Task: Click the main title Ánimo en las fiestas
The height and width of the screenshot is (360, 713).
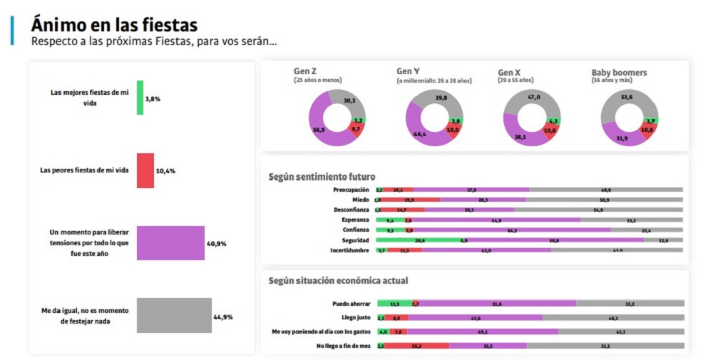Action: click(114, 24)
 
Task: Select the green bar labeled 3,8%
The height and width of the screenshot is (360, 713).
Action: click(140, 98)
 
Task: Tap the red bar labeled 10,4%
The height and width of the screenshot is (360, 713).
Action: click(145, 170)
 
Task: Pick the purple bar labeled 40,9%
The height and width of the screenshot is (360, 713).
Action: click(170, 244)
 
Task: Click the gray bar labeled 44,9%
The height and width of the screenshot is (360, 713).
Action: click(173, 316)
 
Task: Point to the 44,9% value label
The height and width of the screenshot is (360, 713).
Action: click(222, 317)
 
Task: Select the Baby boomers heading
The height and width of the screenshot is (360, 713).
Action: click(619, 73)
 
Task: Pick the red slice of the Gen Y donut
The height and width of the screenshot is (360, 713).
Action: click(453, 131)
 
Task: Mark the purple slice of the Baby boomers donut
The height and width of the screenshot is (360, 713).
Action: click(618, 135)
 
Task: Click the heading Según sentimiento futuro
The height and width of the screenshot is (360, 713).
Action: click(322, 176)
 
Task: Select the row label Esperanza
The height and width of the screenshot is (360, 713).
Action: click(354, 220)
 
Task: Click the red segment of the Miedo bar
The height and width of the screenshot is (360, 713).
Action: click(410, 200)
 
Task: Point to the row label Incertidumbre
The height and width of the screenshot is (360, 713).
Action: click(349, 250)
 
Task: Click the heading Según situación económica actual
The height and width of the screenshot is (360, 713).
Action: click(338, 281)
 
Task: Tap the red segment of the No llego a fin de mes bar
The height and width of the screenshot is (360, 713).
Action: click(417, 346)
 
